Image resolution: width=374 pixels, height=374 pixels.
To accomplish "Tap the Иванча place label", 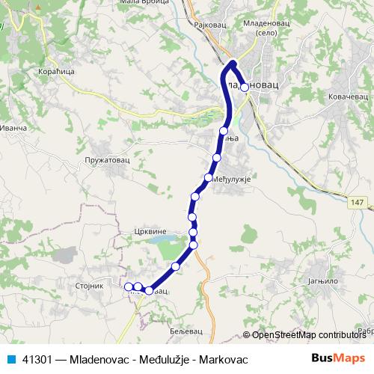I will point(13,129).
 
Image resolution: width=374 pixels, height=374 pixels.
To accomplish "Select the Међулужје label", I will point(230,180).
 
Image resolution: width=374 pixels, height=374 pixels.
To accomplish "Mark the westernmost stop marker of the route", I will point(129,286).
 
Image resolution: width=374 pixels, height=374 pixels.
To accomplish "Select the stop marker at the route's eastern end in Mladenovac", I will point(245,87).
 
